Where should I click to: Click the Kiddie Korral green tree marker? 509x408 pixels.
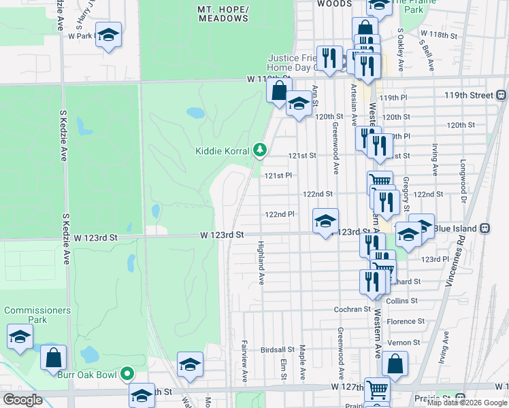click(259, 150)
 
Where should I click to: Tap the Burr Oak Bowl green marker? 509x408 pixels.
click(127, 373)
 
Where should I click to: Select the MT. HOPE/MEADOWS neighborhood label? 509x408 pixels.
click(223, 14)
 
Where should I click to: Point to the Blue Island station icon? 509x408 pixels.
click(485, 228)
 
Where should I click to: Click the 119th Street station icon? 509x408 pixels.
click(502, 95)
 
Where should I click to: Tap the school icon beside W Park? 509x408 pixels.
click(108, 35)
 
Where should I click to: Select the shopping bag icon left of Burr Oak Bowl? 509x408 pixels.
click(53, 358)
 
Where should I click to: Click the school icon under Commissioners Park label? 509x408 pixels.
click(20, 337)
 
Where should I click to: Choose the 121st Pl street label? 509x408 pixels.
click(278, 175)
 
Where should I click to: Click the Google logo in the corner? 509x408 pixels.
click(22, 400)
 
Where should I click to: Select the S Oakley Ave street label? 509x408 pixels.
click(401, 50)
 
